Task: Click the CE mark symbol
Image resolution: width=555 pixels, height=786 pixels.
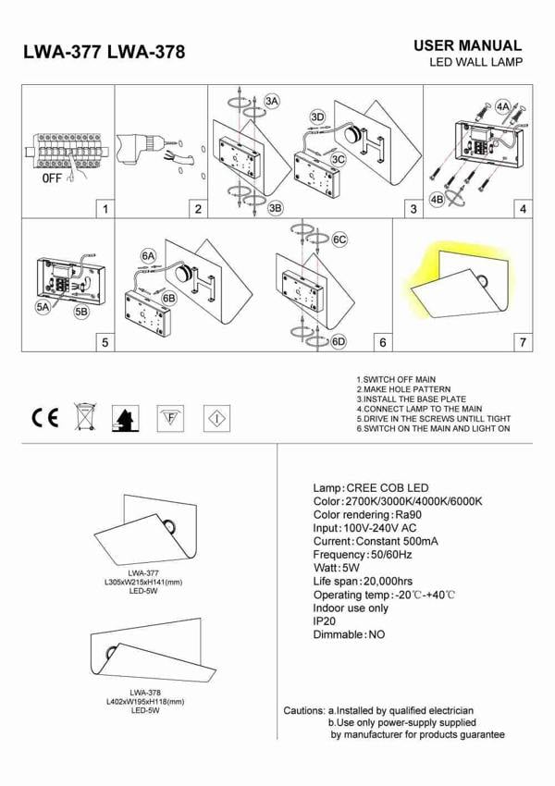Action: click(x=43, y=419)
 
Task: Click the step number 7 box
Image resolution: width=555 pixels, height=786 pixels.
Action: click(x=524, y=342)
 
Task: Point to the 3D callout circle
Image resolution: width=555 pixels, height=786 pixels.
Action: click(x=317, y=117)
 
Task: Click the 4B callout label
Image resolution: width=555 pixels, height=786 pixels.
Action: click(x=437, y=200)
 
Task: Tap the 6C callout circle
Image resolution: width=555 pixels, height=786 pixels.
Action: click(x=339, y=239)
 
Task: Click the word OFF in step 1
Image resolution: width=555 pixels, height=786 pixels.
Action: click(x=53, y=178)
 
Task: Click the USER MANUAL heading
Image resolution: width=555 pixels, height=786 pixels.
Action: click(x=467, y=45)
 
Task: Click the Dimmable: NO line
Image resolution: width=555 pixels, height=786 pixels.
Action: click(x=349, y=635)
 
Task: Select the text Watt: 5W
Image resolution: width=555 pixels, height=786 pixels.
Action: click(x=337, y=568)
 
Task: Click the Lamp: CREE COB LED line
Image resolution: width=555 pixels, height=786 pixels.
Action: click(x=371, y=487)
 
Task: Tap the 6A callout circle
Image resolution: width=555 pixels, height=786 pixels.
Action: click(x=149, y=255)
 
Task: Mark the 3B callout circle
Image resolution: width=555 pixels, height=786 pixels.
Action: click(x=275, y=208)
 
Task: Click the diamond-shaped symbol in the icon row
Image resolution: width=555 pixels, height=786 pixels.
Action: click(x=216, y=419)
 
